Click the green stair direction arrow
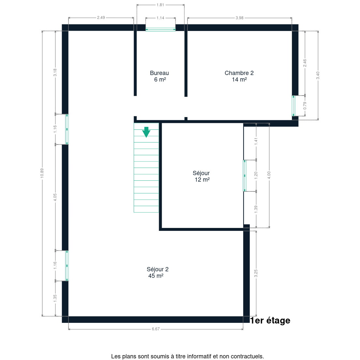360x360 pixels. pos(146,132)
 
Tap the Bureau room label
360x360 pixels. pos(159,73)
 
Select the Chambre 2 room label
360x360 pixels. pos(239,73)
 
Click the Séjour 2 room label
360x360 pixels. pos(157,269)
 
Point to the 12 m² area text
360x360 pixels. pos(202,180)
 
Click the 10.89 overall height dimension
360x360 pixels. pos(42,173)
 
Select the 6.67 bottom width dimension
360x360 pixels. pos(156,329)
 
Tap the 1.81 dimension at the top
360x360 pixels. pos(160,5)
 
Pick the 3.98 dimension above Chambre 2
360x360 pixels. pos(239,18)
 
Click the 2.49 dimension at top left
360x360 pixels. pos(101,18)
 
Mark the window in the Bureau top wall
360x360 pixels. pos(160,29)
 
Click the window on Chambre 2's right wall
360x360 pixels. pos(293,106)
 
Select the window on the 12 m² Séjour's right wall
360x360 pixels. pos(245,176)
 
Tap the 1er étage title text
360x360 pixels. pos(270,321)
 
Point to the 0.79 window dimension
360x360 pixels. pos(305,106)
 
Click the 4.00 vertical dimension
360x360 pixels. pos(269,175)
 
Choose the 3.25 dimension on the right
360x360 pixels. pos(256,273)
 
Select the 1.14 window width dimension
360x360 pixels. pos(160,18)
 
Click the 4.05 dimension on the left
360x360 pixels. pos(55,197)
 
